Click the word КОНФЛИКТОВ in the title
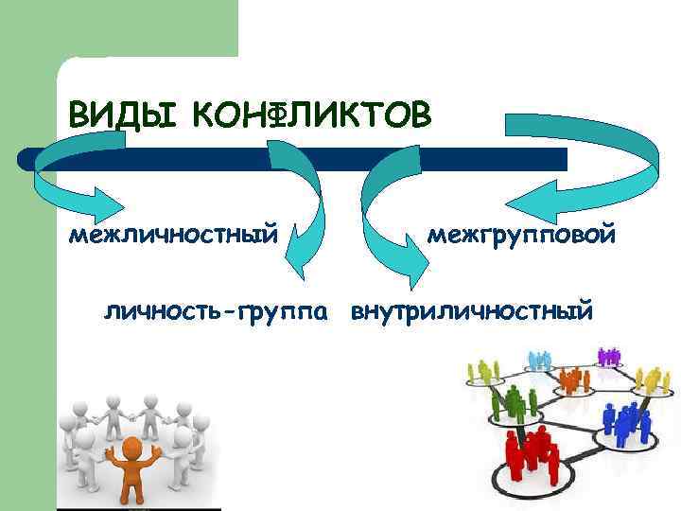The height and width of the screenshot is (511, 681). pyautogui.click(x=311, y=115)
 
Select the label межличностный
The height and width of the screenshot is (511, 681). pyautogui.click(x=173, y=232)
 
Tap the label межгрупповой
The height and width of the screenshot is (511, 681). pyautogui.click(x=521, y=232)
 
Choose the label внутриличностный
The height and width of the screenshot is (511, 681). pyautogui.click(x=473, y=310)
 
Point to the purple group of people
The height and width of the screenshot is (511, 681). pyautogui.click(x=608, y=356)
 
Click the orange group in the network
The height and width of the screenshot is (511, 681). pyautogui.click(x=571, y=379)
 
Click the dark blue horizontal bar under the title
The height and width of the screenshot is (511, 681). pyautogui.click(x=293, y=158)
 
